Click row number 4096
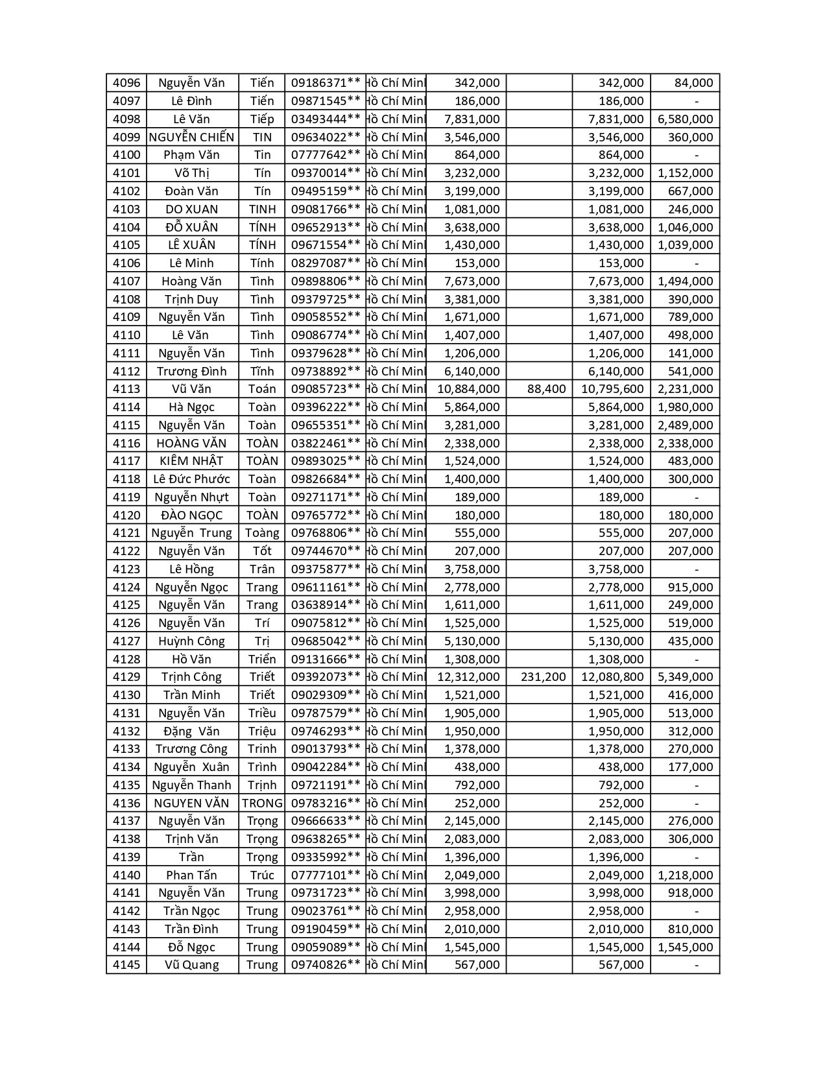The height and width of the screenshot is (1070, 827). click(x=126, y=83)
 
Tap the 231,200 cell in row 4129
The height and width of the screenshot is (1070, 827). click(x=543, y=677)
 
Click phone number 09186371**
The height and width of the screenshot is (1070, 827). click(x=325, y=83)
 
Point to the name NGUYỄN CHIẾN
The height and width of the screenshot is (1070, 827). click(x=191, y=137)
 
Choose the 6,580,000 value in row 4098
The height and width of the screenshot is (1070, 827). click(x=685, y=119)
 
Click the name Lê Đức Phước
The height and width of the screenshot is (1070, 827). click(x=191, y=479)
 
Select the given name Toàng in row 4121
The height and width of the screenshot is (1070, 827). click(x=262, y=533)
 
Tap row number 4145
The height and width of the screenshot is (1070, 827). click(x=126, y=965)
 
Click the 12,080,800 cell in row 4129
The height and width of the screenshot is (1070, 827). click(x=612, y=677)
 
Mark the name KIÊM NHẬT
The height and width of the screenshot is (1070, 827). click(x=191, y=461)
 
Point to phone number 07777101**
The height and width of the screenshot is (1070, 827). click(x=325, y=875)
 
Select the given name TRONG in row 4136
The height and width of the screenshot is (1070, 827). click(x=262, y=803)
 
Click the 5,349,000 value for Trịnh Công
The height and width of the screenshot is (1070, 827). click(x=685, y=677)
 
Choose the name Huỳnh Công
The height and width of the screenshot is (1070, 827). click(x=191, y=641)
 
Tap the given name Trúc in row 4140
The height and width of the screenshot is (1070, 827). click(x=262, y=875)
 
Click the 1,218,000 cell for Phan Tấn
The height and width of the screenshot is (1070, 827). click(x=685, y=875)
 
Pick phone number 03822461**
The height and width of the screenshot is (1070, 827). click(x=325, y=443)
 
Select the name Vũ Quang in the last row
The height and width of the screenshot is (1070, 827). click(x=191, y=965)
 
